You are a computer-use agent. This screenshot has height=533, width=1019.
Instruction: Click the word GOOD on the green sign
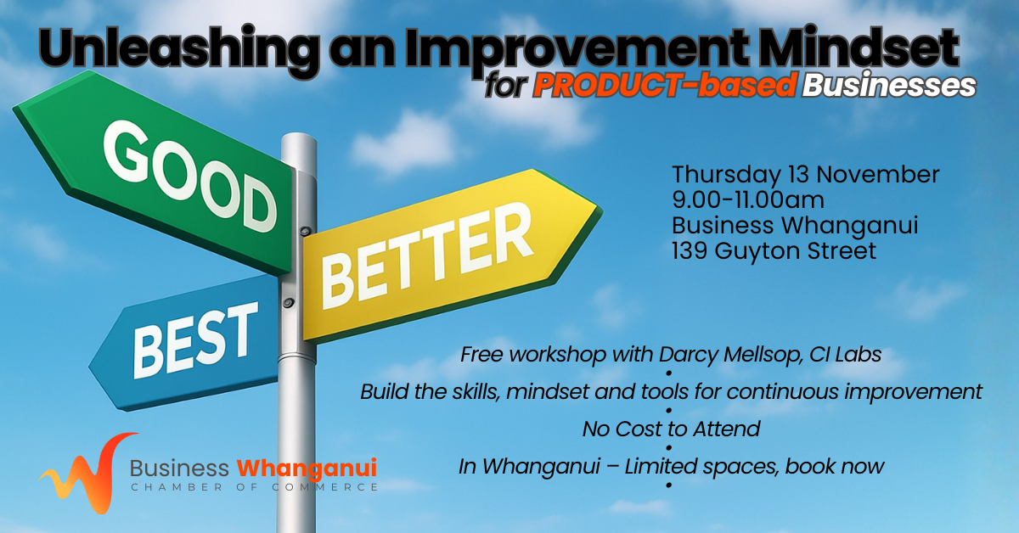click(x=190, y=176)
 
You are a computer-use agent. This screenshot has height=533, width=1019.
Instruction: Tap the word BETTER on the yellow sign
click(x=426, y=256)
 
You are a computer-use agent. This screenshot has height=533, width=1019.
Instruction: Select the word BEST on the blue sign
click(x=195, y=340)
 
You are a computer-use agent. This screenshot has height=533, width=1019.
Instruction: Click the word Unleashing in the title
click(x=180, y=49)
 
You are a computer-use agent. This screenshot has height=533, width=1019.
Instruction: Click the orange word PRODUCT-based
click(x=665, y=85)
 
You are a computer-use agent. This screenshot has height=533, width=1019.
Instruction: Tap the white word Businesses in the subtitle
click(x=889, y=85)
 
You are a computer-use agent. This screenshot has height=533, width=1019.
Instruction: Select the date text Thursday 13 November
click(x=806, y=175)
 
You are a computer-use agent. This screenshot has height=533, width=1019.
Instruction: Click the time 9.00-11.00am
click(x=748, y=200)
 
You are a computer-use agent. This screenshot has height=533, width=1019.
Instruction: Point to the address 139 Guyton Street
click(x=774, y=251)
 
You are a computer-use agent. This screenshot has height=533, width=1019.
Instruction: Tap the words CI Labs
click(x=846, y=354)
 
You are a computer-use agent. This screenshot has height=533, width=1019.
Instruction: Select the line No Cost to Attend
click(x=671, y=429)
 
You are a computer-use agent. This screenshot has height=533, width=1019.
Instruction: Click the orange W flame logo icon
click(x=87, y=473)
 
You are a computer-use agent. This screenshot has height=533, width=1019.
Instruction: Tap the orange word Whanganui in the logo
click(x=307, y=469)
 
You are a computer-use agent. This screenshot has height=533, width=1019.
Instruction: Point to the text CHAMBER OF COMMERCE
click(x=254, y=487)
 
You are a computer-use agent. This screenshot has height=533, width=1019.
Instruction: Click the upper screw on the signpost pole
click(x=306, y=231)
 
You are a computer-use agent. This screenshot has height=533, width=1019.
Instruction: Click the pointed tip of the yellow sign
click(x=600, y=210)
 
